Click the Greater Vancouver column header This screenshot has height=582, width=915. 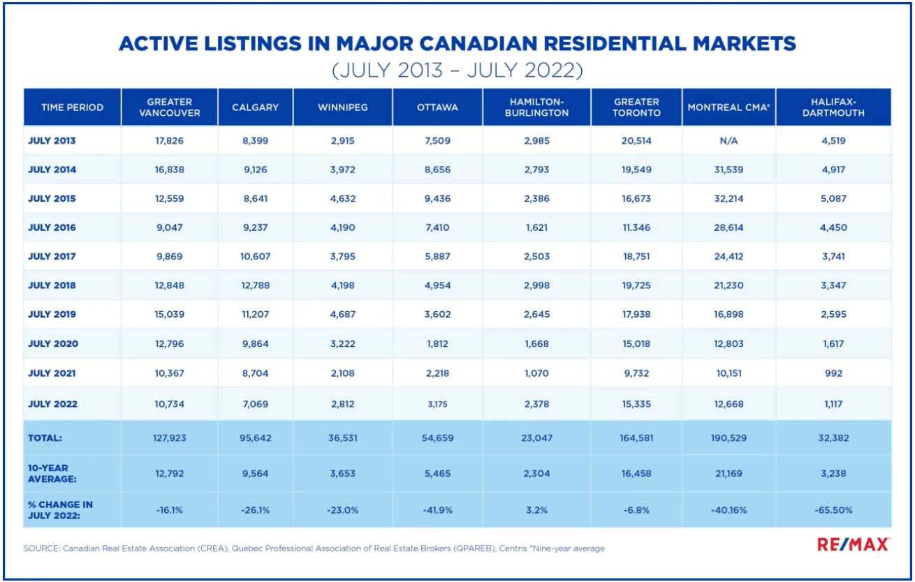(169, 107)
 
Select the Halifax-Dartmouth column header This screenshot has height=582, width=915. (833, 107)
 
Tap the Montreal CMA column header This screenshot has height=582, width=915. (729, 107)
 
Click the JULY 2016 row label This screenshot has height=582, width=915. (52, 227)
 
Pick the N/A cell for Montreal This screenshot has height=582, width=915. (729, 140)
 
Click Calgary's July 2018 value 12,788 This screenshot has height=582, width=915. (255, 285)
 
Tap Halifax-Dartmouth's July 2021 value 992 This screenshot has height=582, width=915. (833, 373)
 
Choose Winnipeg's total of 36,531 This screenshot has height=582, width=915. (342, 438)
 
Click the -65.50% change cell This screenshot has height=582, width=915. (833, 510)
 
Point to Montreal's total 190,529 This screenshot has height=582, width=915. (729, 438)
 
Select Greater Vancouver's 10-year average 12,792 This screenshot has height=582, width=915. (169, 474)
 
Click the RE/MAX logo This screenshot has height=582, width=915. (854, 545)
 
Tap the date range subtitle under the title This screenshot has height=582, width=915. (457, 70)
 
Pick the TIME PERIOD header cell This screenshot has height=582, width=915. (72, 107)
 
